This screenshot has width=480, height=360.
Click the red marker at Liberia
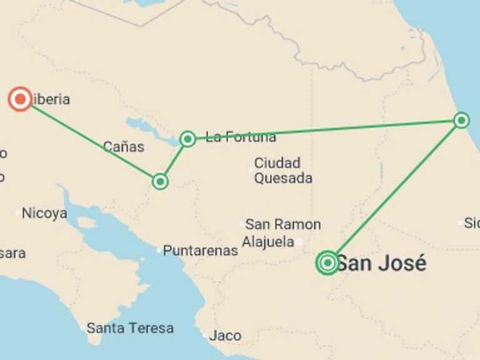(x=21, y=99)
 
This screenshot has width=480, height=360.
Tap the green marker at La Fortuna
(x=187, y=139)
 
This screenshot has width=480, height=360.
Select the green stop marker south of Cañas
(x=161, y=181)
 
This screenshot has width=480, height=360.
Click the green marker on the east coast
(x=461, y=120)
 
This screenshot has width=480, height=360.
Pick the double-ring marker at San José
(x=327, y=263)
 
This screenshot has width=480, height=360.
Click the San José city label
(x=381, y=263)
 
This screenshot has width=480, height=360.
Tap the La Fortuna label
(x=241, y=137)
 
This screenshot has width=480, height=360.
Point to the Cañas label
(x=124, y=147)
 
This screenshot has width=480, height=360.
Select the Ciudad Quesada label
(x=282, y=171)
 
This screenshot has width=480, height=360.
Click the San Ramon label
(x=283, y=224)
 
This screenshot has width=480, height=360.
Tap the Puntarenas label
(x=201, y=251)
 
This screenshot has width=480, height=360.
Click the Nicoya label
(x=44, y=213)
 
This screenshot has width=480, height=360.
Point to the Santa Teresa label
(x=130, y=327)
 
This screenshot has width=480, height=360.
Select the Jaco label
(x=225, y=336)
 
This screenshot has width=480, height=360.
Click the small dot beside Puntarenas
(x=158, y=250)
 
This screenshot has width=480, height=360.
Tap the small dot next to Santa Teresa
(x=82, y=327)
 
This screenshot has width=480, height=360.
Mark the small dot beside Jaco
(x=204, y=336)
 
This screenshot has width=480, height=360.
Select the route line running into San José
(x=394, y=192)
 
